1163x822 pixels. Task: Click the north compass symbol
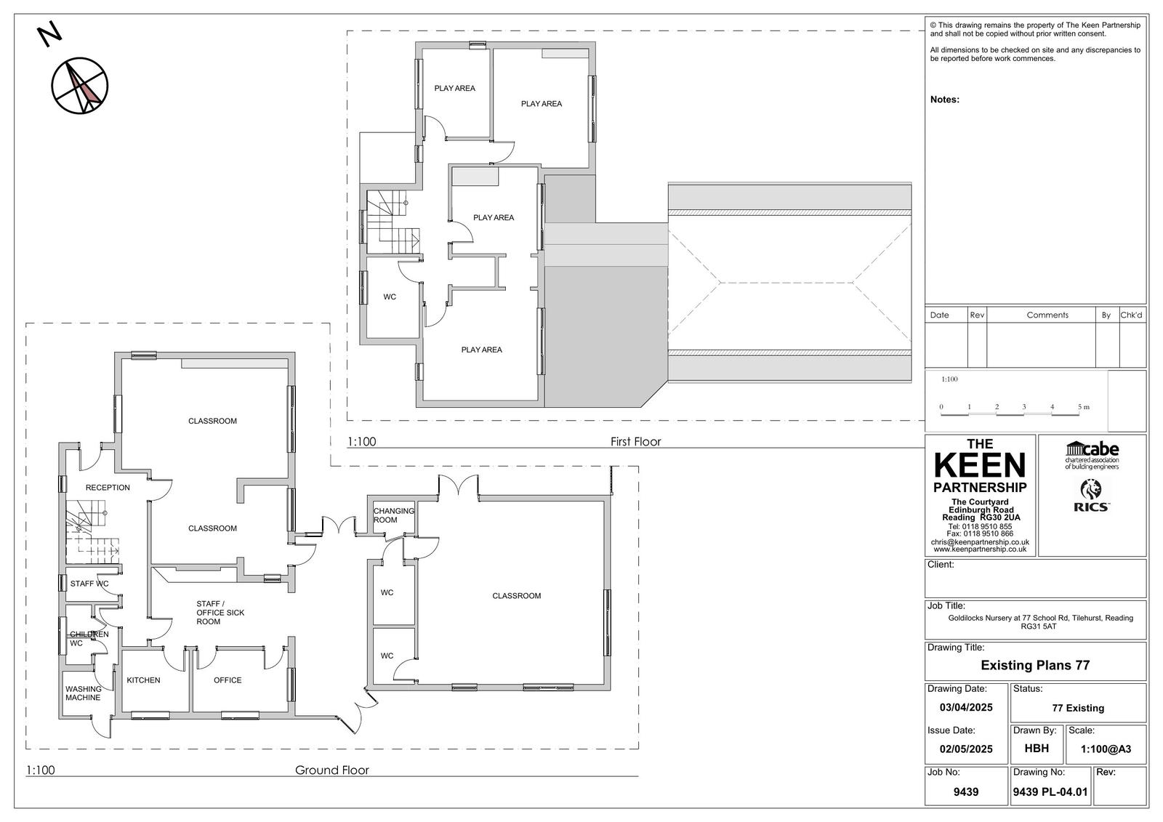pyautogui.click(x=79, y=86)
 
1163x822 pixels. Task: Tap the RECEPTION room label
pyautogui.click(x=108, y=488)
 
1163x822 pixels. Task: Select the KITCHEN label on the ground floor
pyautogui.click(x=143, y=680)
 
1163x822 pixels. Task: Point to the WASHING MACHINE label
pyautogui.click(x=83, y=693)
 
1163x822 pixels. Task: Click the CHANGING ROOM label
pyautogui.click(x=393, y=515)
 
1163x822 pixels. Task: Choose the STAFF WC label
pyautogui.click(x=89, y=584)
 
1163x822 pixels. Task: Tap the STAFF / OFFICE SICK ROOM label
pyautogui.click(x=220, y=613)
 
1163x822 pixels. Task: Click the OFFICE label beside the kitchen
pyautogui.click(x=228, y=680)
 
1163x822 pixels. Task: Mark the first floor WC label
pyautogui.click(x=390, y=297)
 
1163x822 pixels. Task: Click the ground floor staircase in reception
pyautogui.click(x=92, y=532)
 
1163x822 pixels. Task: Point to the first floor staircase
pyautogui.click(x=393, y=222)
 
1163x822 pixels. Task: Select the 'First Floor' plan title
pyautogui.click(x=635, y=442)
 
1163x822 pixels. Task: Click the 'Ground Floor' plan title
pyautogui.click(x=331, y=770)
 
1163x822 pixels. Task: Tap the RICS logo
pyautogui.click(x=1092, y=496)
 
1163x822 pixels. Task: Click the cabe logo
pyautogui.click(x=1092, y=455)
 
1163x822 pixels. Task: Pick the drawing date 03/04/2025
pyautogui.click(x=966, y=707)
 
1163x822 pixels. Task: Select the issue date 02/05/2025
pyautogui.click(x=966, y=749)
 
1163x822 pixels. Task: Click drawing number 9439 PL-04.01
pyautogui.click(x=1050, y=792)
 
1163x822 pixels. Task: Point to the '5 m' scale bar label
pyautogui.click(x=1084, y=407)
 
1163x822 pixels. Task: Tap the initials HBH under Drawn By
pyautogui.click(x=1037, y=749)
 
